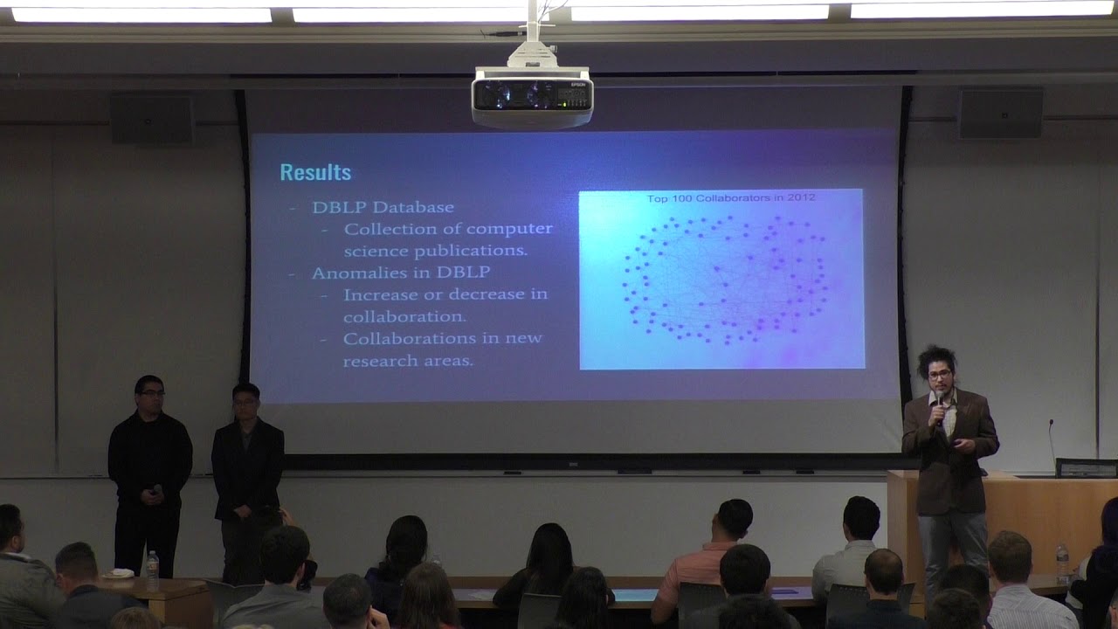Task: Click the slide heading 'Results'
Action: coord(315,172)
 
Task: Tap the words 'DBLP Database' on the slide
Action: coord(383,208)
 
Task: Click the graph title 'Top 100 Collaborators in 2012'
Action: coord(730,198)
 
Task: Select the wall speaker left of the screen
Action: coord(151,118)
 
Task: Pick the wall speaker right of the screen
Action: coord(1000,114)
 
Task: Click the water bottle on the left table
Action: coord(152,570)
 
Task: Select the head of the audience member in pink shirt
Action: coord(733,520)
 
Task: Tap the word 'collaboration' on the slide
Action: coord(404,316)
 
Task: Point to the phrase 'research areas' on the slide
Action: coord(408,360)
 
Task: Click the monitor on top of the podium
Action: coord(1086,468)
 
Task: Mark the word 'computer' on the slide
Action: coord(509,229)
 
